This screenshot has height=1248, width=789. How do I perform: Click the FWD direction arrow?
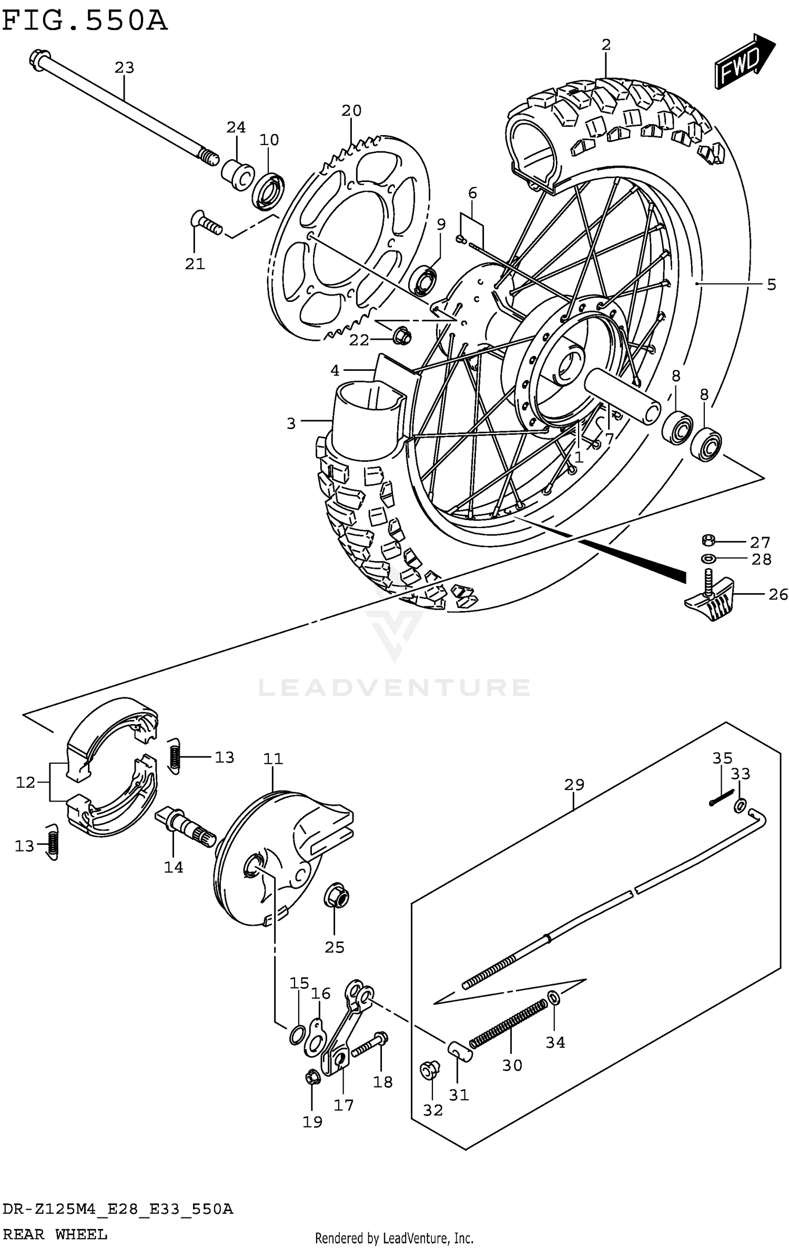744,62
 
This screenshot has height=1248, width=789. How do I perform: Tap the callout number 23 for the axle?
125,68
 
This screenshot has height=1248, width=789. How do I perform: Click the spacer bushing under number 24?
237,174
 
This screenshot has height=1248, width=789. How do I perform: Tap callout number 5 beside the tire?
771,285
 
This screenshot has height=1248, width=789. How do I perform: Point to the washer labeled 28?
709,558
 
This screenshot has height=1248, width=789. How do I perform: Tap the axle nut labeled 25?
336,896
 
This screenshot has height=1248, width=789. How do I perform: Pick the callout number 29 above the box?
574,784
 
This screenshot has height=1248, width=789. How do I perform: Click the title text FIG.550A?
84,21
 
